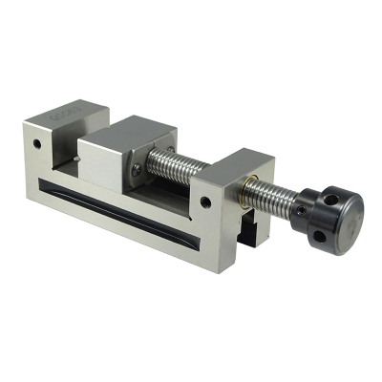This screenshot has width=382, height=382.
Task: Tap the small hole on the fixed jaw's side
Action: tap(37, 145)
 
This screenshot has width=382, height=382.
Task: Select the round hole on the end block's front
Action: tap(204, 202)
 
